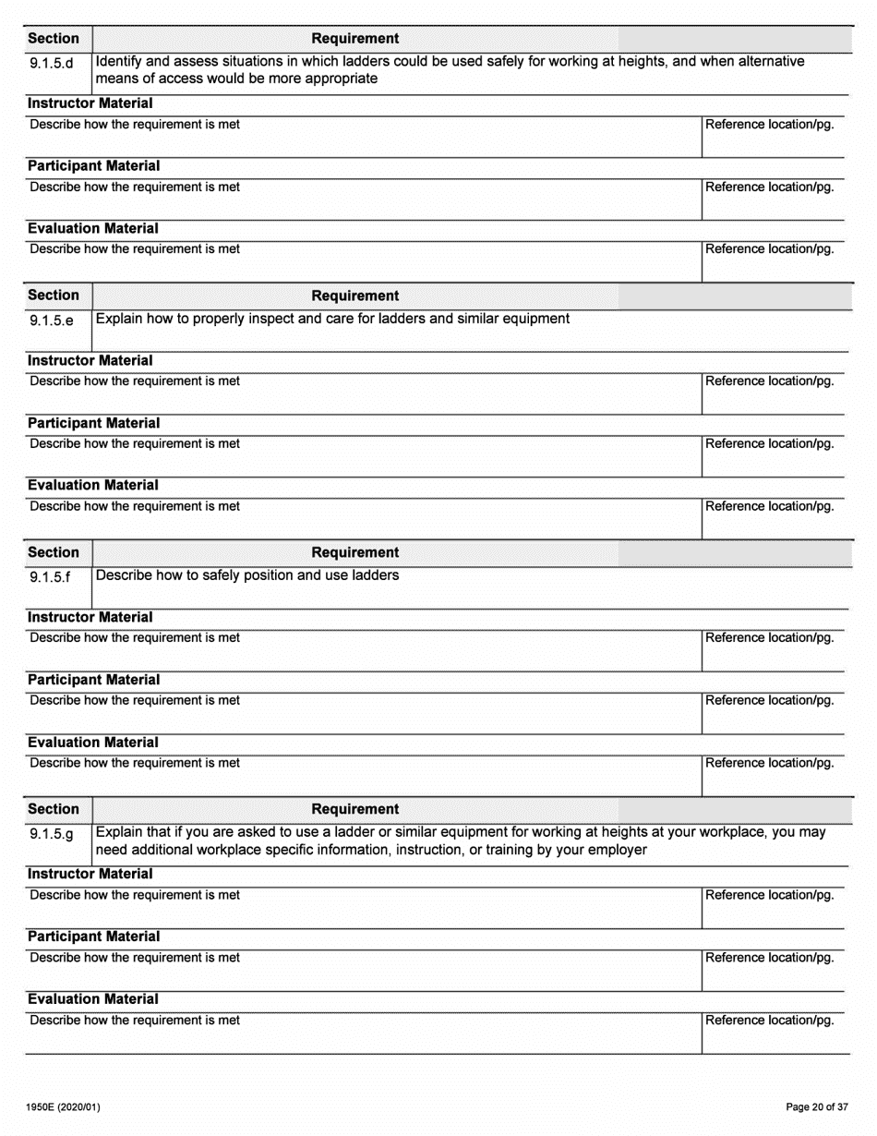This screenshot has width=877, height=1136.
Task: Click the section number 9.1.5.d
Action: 52,65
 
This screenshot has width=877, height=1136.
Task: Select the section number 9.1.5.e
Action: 52,321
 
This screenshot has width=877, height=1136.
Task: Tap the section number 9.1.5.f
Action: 50,578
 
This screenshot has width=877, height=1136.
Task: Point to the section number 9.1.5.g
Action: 52,835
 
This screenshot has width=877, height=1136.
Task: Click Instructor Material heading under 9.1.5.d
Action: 90,103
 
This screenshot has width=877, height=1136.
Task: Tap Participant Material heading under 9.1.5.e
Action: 93,423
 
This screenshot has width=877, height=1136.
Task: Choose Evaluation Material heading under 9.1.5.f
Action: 92,743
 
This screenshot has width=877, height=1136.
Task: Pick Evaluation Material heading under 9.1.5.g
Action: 92,999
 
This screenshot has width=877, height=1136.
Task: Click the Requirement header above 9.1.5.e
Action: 355,296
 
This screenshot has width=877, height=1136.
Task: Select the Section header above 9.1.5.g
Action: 54,809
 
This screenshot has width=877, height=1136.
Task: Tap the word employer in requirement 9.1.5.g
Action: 617,850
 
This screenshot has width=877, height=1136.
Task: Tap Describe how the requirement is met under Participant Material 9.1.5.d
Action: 135,187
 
